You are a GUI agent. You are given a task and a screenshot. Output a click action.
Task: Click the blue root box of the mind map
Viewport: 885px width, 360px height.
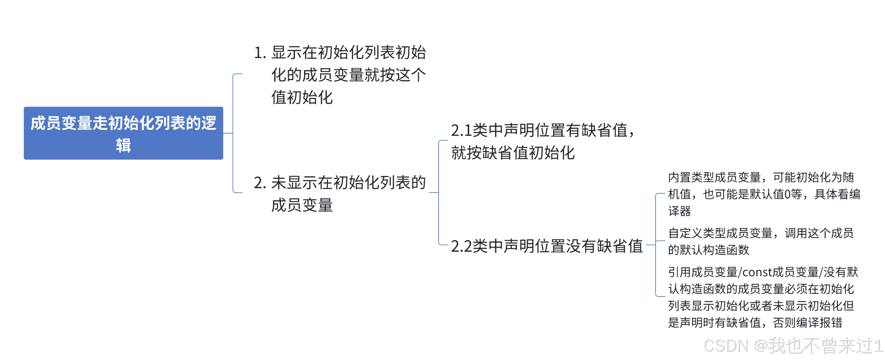coord(123,133)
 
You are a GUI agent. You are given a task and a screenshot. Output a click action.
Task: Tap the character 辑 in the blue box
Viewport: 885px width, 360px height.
coord(123,146)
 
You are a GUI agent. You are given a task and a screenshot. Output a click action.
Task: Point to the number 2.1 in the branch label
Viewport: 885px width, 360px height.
coord(461,131)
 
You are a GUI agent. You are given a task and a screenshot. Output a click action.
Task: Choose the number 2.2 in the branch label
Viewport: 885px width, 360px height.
coord(461,246)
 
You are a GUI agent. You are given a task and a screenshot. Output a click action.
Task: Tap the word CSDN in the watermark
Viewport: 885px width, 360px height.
coord(726,346)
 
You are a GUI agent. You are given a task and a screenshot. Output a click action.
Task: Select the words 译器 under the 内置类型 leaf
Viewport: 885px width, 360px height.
coord(679,211)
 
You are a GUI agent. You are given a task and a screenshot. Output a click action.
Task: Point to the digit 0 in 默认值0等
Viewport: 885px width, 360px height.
coord(787,194)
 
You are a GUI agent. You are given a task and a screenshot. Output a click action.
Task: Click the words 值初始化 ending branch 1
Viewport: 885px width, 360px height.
coord(302,98)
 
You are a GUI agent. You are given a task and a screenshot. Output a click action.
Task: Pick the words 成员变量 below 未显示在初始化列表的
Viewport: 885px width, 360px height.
coord(302,205)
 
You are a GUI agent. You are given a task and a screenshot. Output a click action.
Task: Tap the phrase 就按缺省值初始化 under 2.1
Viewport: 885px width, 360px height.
coord(513,153)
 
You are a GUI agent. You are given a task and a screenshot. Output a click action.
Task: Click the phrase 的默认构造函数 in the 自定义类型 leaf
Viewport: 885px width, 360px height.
coord(709,250)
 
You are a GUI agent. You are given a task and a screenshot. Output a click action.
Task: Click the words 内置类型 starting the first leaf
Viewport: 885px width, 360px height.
coord(691,178)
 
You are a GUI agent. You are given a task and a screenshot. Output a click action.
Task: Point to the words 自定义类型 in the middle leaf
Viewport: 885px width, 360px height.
coord(697,233)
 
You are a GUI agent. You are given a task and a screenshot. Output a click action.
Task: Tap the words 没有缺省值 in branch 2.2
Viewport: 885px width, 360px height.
coord(605,246)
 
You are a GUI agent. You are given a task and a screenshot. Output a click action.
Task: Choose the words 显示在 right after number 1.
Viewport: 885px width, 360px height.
coord(294,53)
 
